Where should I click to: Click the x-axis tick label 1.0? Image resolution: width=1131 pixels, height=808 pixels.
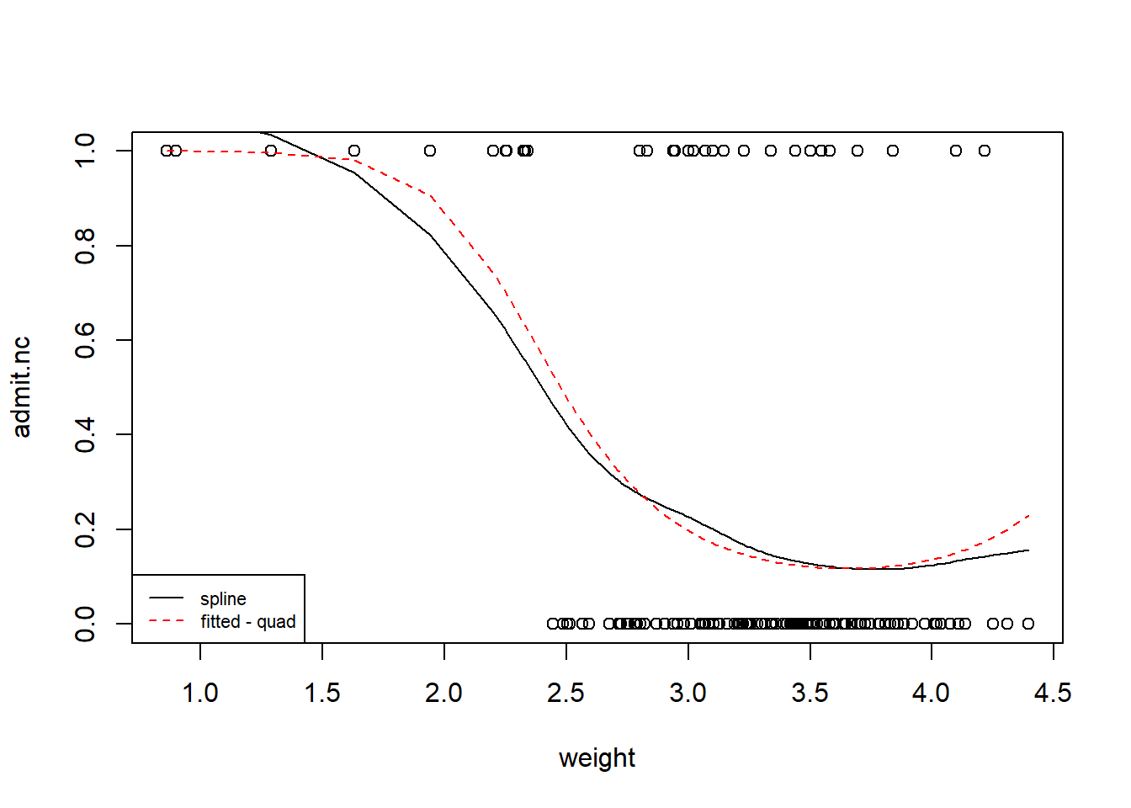200,693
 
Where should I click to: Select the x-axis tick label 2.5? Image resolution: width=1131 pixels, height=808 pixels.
565,693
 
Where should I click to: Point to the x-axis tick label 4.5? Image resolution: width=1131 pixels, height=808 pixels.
1053,693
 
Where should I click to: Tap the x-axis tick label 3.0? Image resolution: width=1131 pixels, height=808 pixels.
688,693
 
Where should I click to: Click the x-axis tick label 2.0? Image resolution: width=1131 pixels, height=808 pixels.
443,693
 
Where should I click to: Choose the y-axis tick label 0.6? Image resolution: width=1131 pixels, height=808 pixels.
85,340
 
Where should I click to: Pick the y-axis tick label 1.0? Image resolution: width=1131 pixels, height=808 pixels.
85,151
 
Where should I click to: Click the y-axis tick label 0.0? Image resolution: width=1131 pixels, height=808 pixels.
85,624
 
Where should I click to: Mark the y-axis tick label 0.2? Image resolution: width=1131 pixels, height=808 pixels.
85,529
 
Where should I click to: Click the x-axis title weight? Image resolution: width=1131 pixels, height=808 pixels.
597,757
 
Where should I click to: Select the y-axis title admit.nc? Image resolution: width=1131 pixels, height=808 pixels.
22,387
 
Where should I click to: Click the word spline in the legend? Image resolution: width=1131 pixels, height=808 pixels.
223,598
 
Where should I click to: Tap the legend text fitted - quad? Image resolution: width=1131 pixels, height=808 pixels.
248,621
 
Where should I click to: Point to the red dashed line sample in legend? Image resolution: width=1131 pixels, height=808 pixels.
167,621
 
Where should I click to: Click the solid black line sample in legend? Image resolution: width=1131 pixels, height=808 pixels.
167,598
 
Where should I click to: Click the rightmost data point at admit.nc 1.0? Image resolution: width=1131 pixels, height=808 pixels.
985,151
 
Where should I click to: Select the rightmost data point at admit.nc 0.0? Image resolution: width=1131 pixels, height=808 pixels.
1028,624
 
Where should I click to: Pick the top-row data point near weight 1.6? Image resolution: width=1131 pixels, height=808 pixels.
354,151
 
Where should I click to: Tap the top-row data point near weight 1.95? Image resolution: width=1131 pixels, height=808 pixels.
430,151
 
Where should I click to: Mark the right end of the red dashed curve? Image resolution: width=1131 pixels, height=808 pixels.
1028,515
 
